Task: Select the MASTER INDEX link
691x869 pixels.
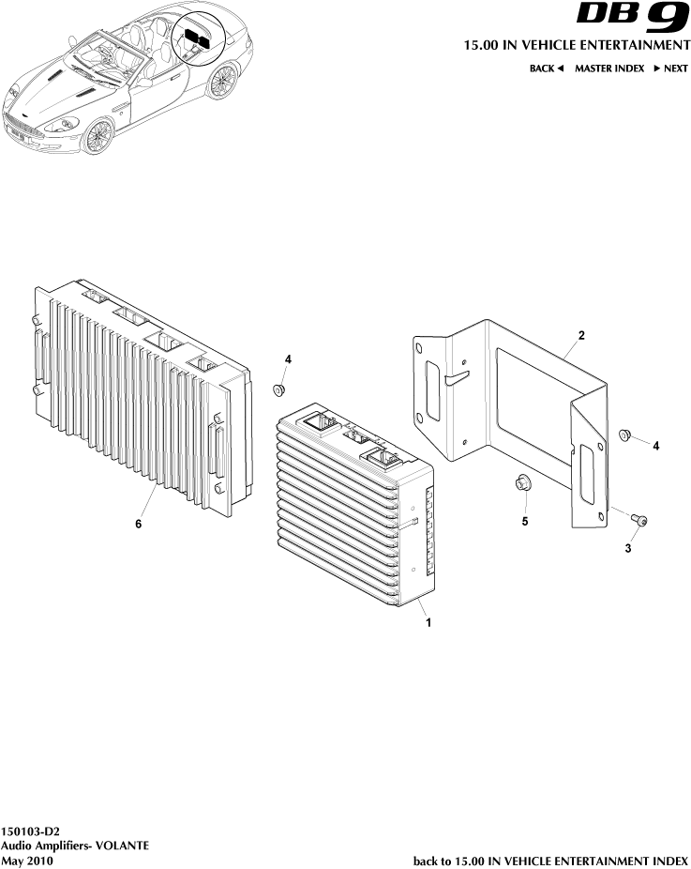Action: [609, 69]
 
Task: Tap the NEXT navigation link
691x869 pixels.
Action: [670, 69]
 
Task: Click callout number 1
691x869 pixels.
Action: [428, 622]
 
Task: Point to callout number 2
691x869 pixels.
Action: [581, 335]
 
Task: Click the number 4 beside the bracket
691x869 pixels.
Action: [656, 447]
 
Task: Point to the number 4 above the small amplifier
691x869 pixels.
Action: [289, 359]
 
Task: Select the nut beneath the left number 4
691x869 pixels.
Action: [278, 389]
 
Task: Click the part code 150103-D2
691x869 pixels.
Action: [31, 831]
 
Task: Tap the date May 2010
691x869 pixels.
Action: [27, 860]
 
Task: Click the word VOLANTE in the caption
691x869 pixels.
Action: [120, 846]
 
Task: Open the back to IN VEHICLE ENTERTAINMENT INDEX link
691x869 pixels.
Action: [550, 860]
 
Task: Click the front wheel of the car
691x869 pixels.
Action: [97, 137]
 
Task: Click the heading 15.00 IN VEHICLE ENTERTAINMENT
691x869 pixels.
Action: [577, 45]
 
